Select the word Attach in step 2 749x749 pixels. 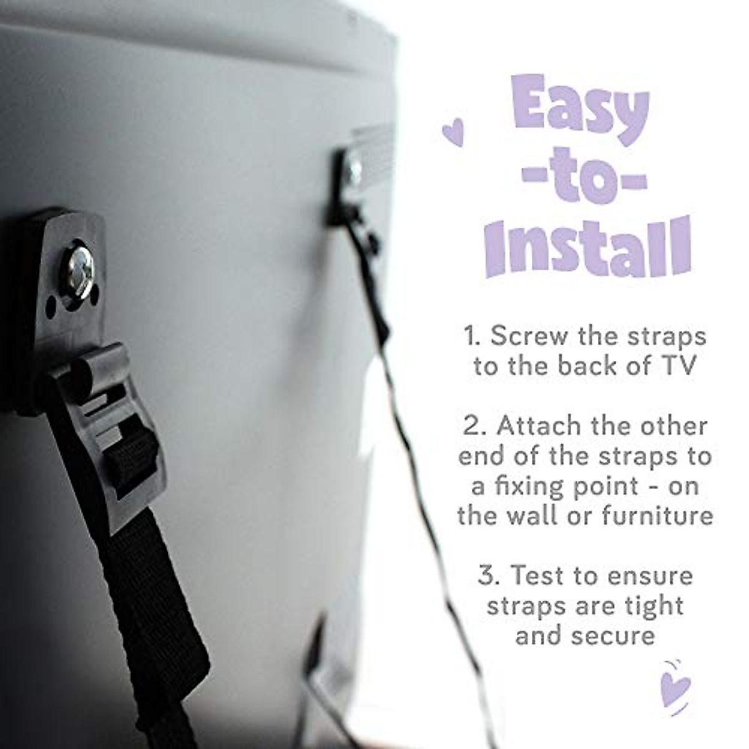pos(542,426)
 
